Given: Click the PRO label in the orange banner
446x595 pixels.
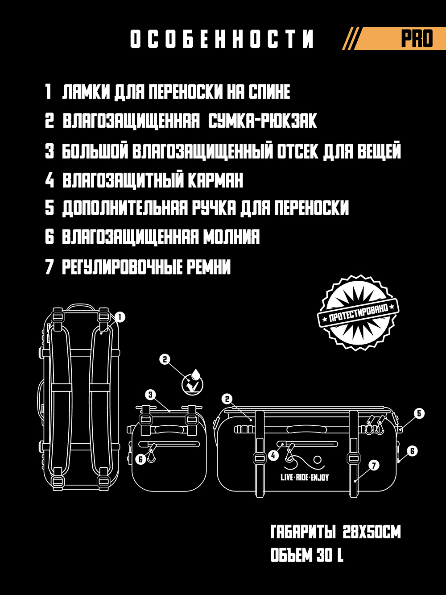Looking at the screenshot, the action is coord(417,39).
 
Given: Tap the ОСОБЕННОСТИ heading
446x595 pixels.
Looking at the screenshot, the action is coord(222,39).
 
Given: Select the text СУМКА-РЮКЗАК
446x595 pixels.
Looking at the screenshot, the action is coord(263,121).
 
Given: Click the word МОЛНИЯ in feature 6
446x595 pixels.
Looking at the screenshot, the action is coord(231,237).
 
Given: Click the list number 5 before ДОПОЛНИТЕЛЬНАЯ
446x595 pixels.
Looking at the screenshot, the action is coord(50,208).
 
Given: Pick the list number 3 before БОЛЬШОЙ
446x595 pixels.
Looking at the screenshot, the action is coord(50,150).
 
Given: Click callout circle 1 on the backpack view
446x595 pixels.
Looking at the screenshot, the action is coord(120,316).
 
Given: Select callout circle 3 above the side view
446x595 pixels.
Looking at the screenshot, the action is coord(151,395).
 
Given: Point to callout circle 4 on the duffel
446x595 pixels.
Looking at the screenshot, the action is coord(273,455).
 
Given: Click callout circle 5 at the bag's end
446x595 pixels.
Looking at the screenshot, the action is coord(419,413).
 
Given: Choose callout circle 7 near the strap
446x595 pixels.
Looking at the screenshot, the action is coord(374,466).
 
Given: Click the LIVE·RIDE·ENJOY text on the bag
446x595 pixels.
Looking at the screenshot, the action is coord(305,477).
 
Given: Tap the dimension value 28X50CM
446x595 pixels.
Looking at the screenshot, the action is coord(372,533).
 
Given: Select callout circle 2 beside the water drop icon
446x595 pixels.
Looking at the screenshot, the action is coord(165,359).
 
